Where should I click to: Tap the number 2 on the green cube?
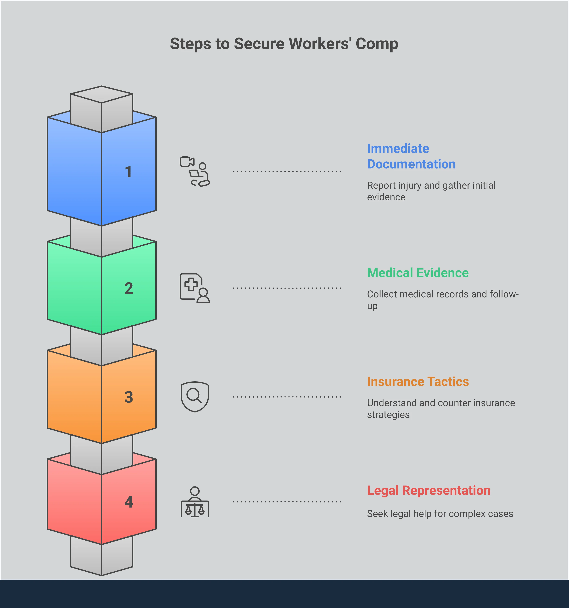click(129, 288)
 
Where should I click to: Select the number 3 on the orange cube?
click(129, 397)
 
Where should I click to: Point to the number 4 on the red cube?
click(129, 502)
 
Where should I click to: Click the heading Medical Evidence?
click(418, 273)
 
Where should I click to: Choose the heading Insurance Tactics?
click(418, 382)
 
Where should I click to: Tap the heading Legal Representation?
click(429, 490)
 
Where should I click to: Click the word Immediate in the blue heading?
click(398, 149)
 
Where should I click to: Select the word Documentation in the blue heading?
click(411, 164)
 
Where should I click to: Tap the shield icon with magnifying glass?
click(195, 397)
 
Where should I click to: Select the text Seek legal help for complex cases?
click(440, 513)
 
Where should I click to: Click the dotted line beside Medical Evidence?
click(287, 288)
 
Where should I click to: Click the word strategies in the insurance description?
click(388, 415)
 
